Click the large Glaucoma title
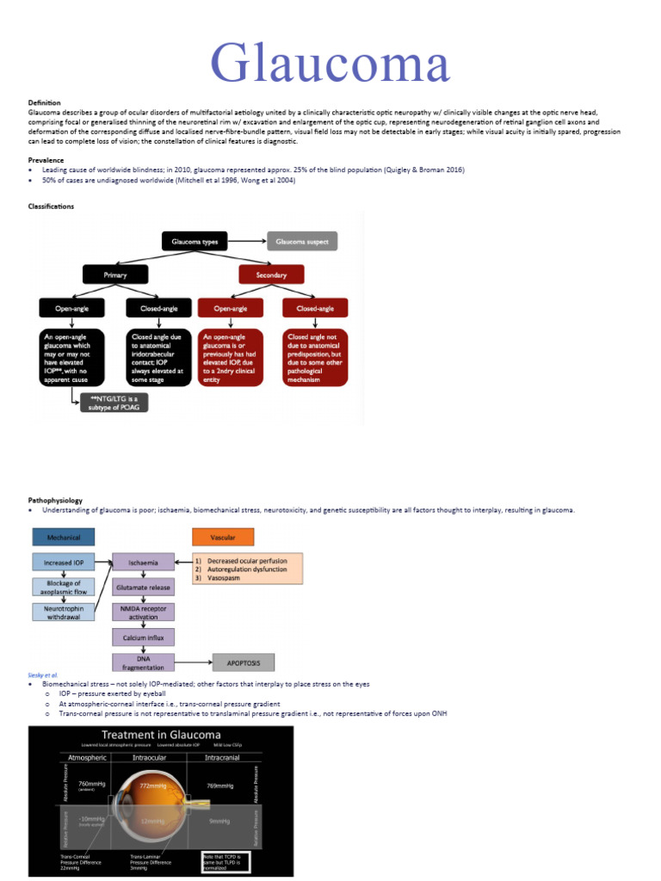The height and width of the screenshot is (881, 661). click(x=331, y=65)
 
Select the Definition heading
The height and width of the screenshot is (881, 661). click(x=45, y=103)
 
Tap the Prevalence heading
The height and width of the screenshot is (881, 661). click(x=46, y=161)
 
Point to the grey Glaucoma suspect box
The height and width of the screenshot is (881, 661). click(x=302, y=242)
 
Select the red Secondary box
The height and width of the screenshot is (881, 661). click(x=271, y=274)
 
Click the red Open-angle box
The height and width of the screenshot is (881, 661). click(x=230, y=307)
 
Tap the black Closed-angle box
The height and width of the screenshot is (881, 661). click(x=158, y=307)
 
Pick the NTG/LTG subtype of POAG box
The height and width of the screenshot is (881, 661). click(x=113, y=401)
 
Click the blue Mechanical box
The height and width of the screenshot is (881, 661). click(x=64, y=537)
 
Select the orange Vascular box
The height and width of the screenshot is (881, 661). click(x=223, y=537)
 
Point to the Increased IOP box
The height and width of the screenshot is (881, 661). click(x=64, y=564)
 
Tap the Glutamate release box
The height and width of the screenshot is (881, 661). click(x=143, y=587)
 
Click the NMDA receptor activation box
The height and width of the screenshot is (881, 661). click(x=143, y=612)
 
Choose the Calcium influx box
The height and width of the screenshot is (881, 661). click(x=143, y=637)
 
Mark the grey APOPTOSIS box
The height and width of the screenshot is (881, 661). click(x=244, y=662)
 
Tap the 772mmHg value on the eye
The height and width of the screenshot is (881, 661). click(x=151, y=786)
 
